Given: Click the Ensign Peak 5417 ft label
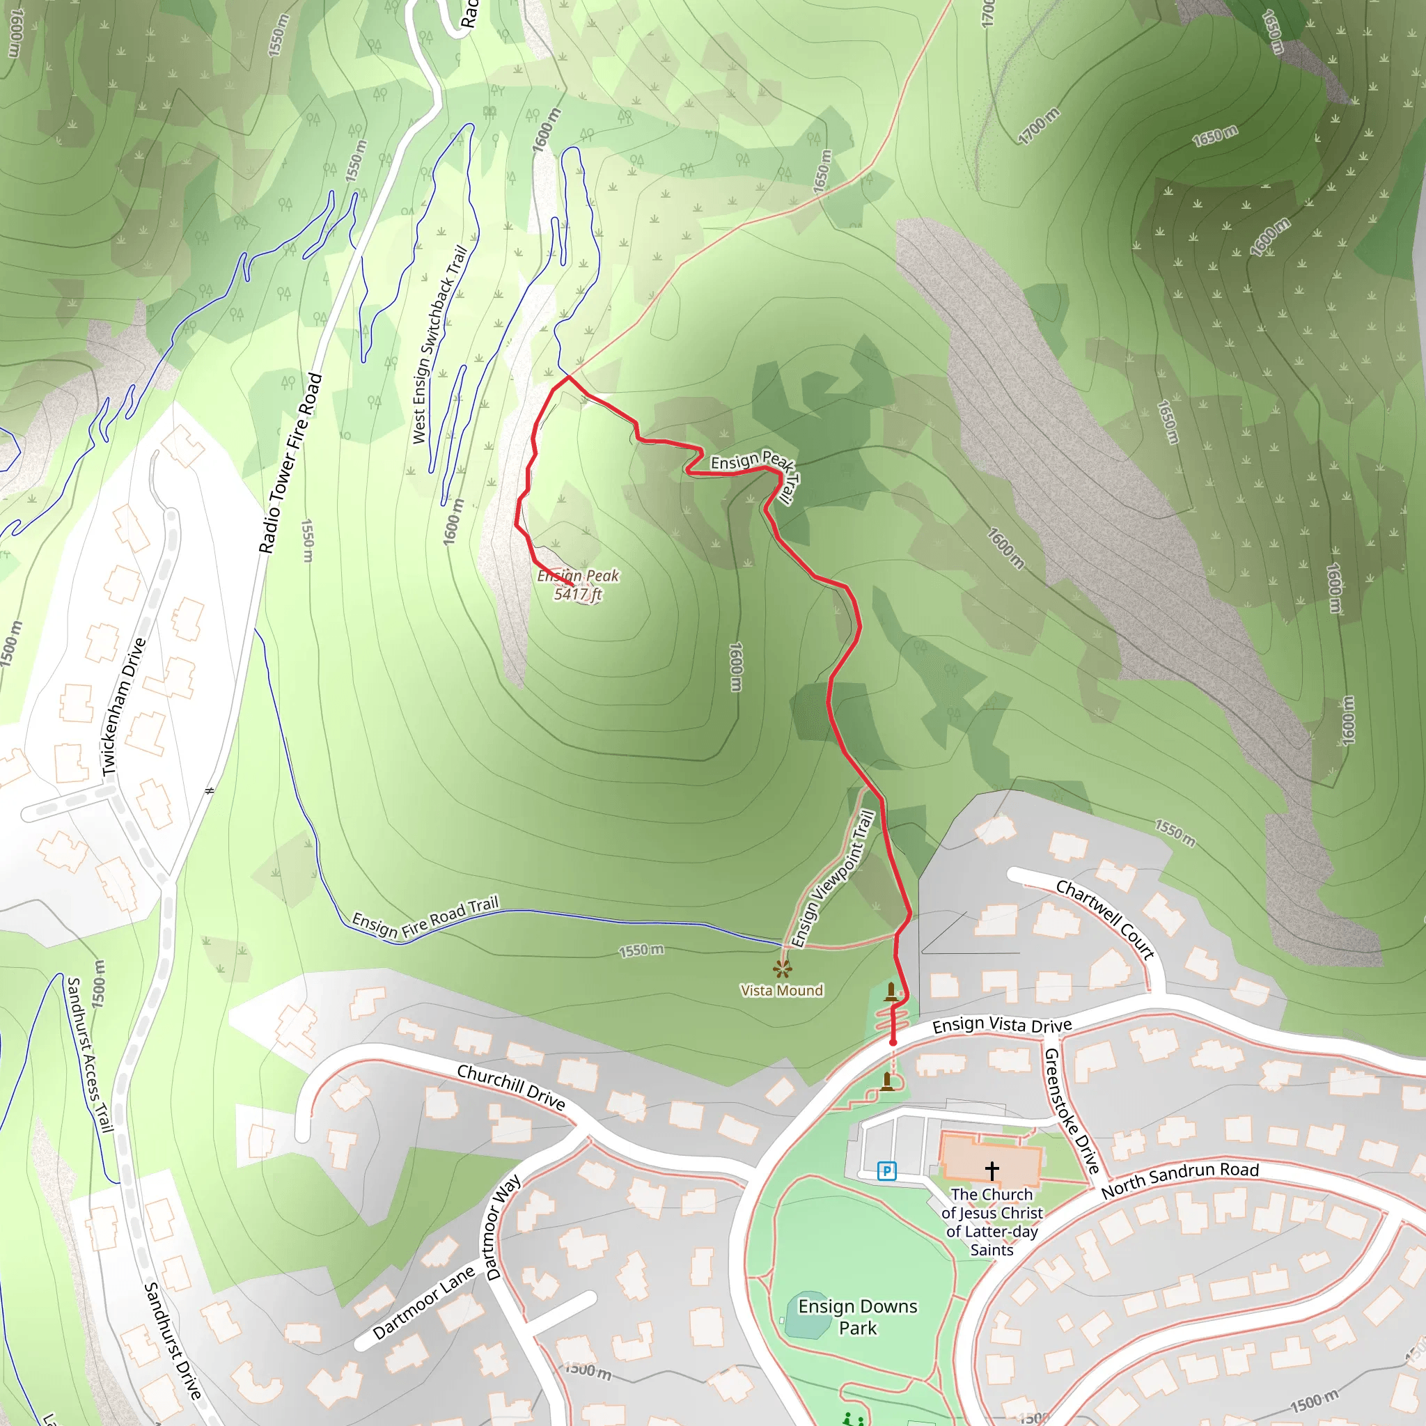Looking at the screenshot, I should point(578,585).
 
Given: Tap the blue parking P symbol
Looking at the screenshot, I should point(886,1170).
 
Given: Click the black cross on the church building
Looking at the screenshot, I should point(992,1170).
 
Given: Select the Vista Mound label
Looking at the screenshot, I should point(782,991).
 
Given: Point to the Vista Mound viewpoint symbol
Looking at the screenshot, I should point(783,969).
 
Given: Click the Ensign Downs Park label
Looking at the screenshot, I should point(858,1317).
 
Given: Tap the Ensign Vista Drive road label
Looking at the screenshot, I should point(1001,1025).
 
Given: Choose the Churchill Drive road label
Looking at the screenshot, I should point(511,1086).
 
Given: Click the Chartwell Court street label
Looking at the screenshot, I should point(1105,919).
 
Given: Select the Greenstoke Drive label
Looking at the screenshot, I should point(1072,1111).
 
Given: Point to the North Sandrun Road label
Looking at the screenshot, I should point(1180,1180).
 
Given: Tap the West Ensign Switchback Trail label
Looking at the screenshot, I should point(440,345).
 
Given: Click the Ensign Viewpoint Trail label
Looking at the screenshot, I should point(833,878).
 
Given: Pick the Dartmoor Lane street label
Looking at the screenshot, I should point(423,1303).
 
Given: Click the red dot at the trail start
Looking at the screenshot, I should point(893,1042).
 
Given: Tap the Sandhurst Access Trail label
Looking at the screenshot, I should point(90,1055).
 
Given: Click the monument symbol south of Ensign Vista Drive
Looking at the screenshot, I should point(887,1081).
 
